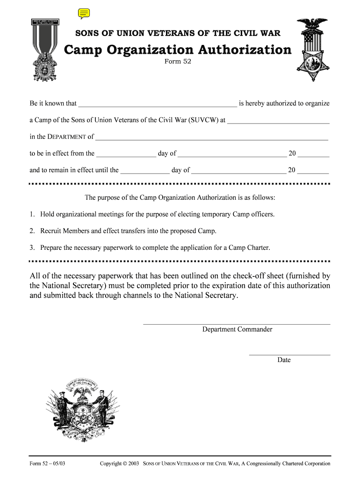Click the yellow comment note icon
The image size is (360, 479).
pos(84,14)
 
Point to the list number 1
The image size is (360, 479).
pos(32,214)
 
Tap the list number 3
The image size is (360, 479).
pos(32,248)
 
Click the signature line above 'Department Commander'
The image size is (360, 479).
pos(236,324)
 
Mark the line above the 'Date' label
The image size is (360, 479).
pos(289,355)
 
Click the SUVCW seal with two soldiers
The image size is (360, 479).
pos(83,410)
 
